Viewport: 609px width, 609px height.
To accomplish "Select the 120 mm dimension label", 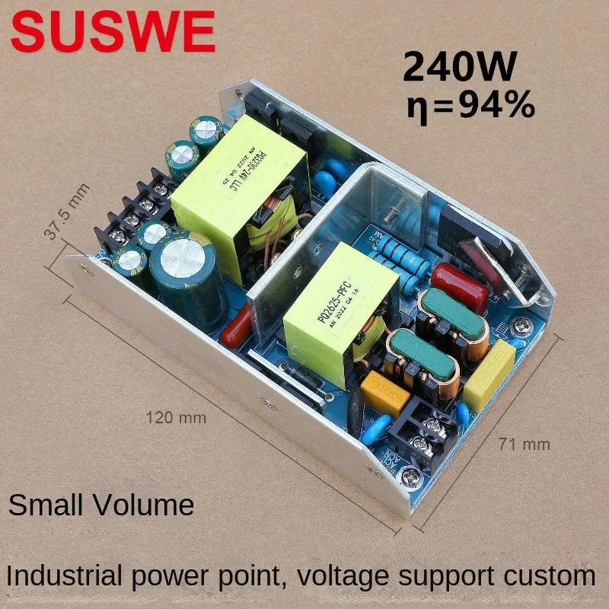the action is click(x=176, y=417).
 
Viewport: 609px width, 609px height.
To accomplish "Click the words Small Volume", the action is click(x=101, y=505).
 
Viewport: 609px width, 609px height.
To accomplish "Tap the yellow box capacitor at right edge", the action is click(x=489, y=375).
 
